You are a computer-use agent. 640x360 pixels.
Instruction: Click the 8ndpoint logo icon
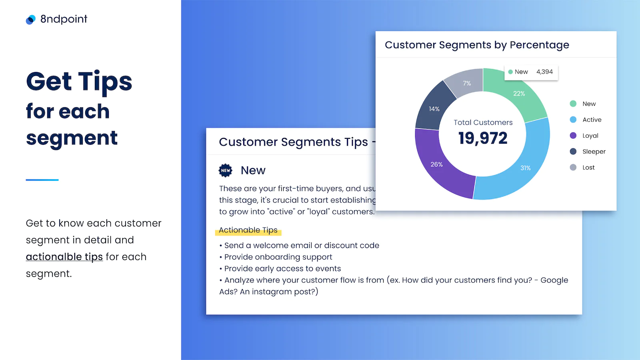coord(30,20)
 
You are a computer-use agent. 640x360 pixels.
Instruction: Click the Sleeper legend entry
coord(588,152)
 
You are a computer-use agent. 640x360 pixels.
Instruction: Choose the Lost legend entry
coord(582,168)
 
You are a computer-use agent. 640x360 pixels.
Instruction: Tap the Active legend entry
coord(586,120)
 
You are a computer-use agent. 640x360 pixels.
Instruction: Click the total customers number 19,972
coord(483,138)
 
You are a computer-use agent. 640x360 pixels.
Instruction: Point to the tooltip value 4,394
coord(544,72)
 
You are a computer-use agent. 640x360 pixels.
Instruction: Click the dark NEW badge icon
coord(226,170)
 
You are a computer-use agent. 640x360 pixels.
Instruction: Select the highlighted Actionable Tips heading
coord(248,230)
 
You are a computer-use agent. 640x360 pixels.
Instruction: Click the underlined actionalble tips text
coord(64,257)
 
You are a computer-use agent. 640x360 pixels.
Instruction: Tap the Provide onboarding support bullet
coord(276,257)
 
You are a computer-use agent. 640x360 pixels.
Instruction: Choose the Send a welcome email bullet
coord(299,246)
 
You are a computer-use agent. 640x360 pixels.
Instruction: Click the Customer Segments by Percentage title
coord(477,45)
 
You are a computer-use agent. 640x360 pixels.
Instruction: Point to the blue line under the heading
coord(42,180)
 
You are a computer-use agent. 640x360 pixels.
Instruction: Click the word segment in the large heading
coord(72,138)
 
